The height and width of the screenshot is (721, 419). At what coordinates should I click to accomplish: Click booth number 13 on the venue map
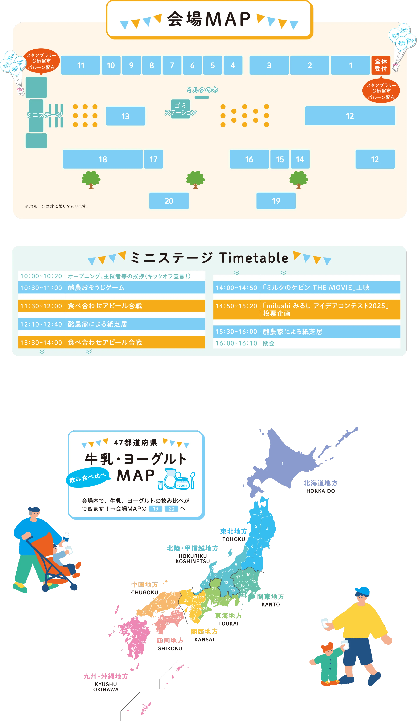(x=126, y=116)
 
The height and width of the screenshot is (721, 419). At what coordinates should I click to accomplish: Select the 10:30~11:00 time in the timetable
(x=41, y=288)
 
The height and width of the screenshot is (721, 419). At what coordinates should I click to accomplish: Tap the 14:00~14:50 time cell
(x=236, y=288)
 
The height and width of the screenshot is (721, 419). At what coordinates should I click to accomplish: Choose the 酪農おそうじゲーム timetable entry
(x=96, y=288)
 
